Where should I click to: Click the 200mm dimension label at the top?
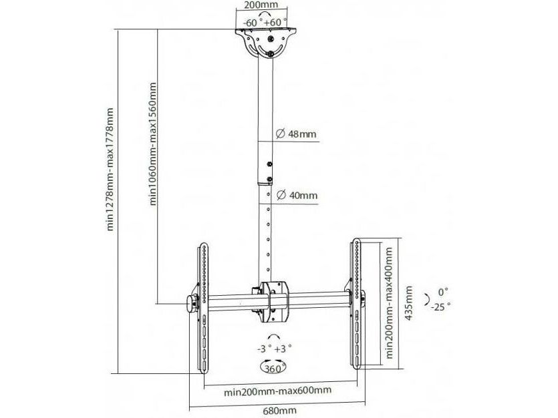(x=261, y=5)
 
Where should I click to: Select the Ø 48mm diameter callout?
(x=296, y=134)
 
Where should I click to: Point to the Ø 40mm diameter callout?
(x=297, y=195)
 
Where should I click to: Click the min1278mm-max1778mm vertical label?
(x=110, y=169)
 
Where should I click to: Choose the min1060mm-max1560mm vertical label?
(x=153, y=144)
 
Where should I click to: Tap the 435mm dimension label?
(x=409, y=303)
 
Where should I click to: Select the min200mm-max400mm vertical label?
(x=389, y=303)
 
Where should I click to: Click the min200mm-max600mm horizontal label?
(x=277, y=391)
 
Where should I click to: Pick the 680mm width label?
(x=280, y=411)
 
